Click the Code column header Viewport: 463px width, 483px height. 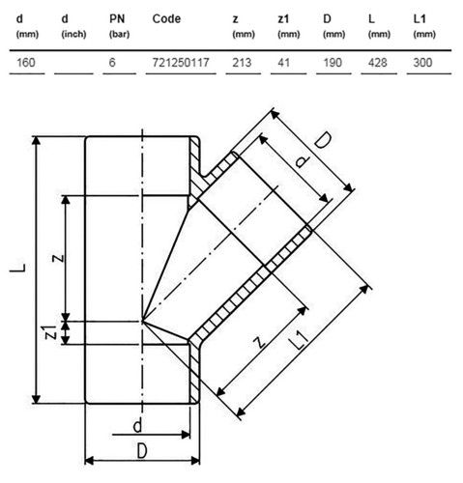pos(166,19)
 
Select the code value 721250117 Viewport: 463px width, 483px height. pos(181,62)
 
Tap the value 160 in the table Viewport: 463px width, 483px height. pos(26,62)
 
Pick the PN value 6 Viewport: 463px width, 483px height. pos(112,62)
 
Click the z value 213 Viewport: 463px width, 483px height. pos(242,62)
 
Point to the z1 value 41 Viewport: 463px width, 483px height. pos(283,62)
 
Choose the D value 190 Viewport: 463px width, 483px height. pos(333,62)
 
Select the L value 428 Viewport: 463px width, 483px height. pos(377,62)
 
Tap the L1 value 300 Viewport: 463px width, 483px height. pos(422,62)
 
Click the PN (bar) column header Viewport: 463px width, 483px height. pos(119,26)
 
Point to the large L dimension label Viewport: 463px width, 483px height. pos(17,268)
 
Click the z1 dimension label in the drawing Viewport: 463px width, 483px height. pos(50,332)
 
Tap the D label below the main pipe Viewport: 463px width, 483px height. pos(142,451)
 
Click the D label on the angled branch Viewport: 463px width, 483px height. pos(323,141)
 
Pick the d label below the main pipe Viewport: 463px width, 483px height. pos(137,426)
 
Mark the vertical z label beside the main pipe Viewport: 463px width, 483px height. pos(58,258)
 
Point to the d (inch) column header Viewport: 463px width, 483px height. pos(73,26)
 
